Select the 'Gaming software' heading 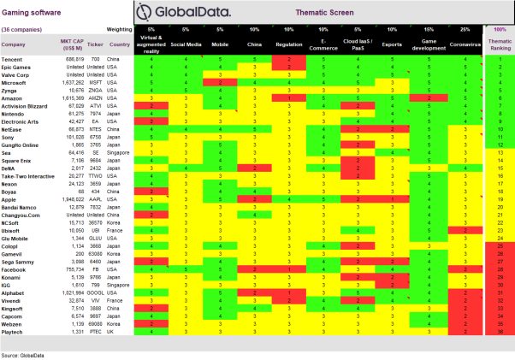31,7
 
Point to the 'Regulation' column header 288,42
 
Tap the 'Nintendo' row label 15,113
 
